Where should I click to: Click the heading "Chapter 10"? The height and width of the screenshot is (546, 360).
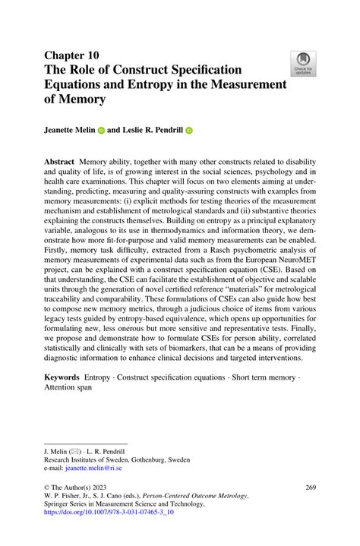72,56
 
